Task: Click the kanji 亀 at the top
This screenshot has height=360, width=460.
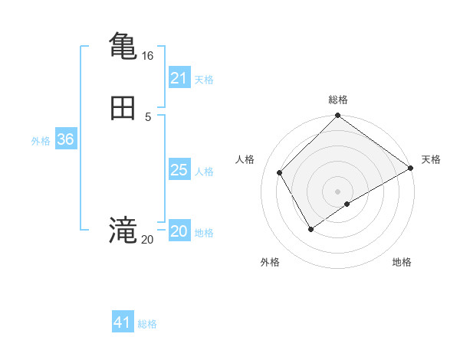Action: (x=123, y=46)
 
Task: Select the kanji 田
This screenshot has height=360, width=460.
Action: (x=123, y=109)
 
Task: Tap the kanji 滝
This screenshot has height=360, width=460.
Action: (x=123, y=231)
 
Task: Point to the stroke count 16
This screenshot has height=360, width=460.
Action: (x=147, y=56)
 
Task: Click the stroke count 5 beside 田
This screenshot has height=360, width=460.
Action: (x=148, y=117)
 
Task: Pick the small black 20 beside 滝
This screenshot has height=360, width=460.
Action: (x=147, y=240)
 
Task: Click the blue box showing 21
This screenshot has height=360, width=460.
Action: (x=179, y=78)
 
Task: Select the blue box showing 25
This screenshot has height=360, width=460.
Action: (x=179, y=170)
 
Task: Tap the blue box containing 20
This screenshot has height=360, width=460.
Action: (x=179, y=231)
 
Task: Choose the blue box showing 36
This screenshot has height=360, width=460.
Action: (x=65, y=139)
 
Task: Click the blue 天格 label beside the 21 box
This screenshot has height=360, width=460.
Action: (x=204, y=80)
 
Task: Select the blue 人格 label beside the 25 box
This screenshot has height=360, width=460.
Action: (x=204, y=172)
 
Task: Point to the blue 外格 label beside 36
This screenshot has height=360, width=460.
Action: (x=41, y=141)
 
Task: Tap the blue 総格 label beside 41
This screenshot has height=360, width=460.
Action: (x=147, y=324)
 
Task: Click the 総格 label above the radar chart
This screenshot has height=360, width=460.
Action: (x=338, y=100)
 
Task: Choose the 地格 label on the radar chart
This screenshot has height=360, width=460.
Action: (x=402, y=262)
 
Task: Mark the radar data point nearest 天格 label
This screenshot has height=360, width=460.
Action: (x=411, y=168)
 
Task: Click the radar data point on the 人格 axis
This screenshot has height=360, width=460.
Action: (x=279, y=172)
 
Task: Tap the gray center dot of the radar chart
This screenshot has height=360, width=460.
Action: (x=338, y=191)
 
